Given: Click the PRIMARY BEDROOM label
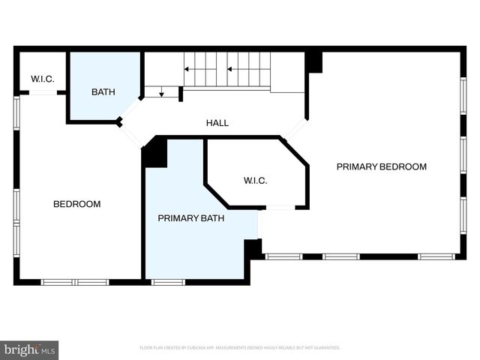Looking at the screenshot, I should coord(381,166).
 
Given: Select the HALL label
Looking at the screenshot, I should coord(217,123).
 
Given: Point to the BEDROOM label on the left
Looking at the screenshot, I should coord(76,204).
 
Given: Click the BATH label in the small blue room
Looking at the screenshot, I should coord(103,92).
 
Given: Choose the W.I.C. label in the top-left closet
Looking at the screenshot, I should coord(42,79).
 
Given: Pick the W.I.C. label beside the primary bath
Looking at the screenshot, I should coord(255,181).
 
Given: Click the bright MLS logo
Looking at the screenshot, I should coord(29,349).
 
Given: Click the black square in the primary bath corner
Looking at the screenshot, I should coord(155,152).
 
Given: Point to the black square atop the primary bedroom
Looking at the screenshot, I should coord(314,61).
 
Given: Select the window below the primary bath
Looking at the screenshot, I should coord(168,282).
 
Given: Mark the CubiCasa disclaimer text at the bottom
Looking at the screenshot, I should coord(240,348).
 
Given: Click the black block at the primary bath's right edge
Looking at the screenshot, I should coord(253,249).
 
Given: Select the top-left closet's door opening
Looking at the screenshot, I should coord(43,92).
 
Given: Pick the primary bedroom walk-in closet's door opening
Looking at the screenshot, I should coord(280,207).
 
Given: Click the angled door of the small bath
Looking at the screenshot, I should coord(130,109).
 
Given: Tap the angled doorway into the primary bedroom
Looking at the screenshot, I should coord(294,128).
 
